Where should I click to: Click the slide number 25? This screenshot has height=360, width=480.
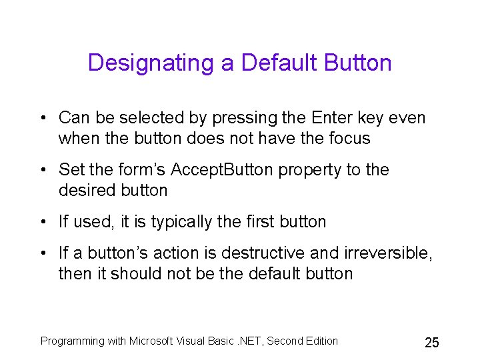click(431, 343)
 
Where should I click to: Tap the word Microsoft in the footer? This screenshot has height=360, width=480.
click(153, 341)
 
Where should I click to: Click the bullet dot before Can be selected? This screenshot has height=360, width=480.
click(42, 119)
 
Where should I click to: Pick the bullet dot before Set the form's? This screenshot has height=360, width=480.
click(42, 171)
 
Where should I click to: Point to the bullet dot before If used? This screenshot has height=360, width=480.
click(42, 223)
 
